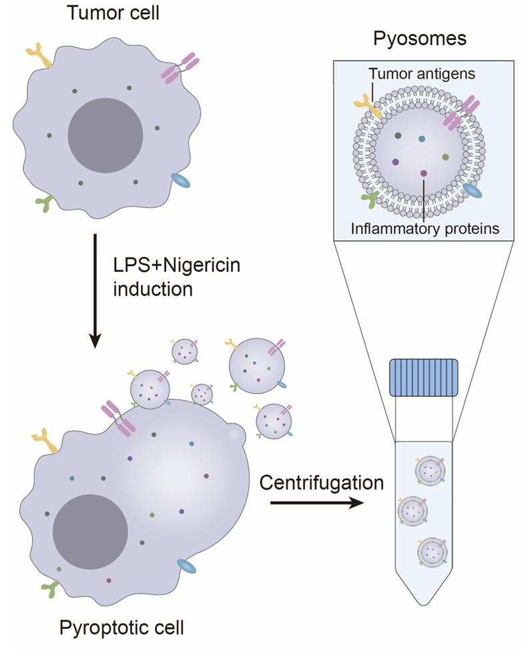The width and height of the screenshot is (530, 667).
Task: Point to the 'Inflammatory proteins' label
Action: pos(425,229)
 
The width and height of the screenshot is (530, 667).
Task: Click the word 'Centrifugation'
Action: pos(322,482)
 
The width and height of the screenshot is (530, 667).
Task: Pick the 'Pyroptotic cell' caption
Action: pos(122,628)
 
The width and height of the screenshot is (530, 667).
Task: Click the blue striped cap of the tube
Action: pos(424,378)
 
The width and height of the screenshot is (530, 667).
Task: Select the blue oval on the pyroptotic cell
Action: pos(187,567)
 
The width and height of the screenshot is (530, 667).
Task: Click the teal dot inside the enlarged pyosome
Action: pos(422,139)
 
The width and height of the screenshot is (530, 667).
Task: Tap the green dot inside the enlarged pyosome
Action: pos(445,157)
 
